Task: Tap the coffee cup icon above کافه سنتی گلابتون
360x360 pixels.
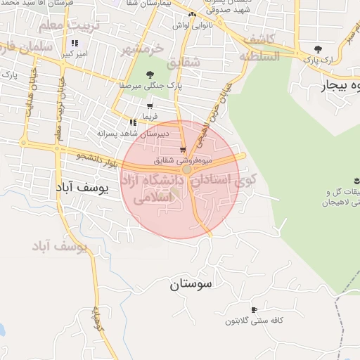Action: (x=254, y=309)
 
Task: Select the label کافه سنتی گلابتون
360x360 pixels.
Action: (x=254, y=321)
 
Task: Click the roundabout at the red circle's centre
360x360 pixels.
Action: (x=187, y=169)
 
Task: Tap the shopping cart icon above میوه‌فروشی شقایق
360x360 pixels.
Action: (x=183, y=150)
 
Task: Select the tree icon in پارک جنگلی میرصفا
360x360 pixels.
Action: (x=150, y=75)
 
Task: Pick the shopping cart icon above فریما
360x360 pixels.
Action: (x=150, y=105)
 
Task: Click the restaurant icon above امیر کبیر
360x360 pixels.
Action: (x=75, y=43)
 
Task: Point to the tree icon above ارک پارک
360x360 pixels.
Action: (x=318, y=49)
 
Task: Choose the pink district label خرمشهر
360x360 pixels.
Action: (x=141, y=49)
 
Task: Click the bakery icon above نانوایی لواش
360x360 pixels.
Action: (x=192, y=14)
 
